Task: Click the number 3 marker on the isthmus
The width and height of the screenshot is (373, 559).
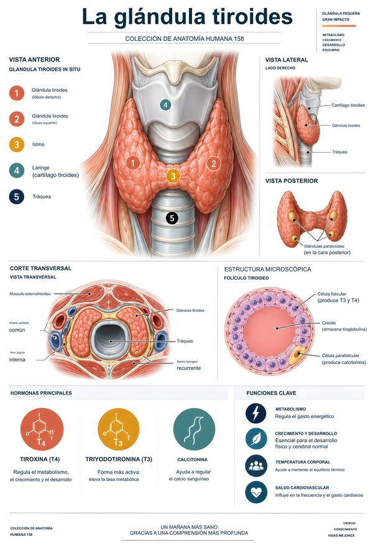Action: [173, 176]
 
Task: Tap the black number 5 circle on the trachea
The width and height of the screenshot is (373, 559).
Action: [172, 218]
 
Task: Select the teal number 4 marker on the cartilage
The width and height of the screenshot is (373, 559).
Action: [165, 105]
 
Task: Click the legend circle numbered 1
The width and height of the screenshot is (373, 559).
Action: [16, 93]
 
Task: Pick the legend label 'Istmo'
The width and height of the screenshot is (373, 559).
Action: [38, 144]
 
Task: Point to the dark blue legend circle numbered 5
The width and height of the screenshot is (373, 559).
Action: [16, 196]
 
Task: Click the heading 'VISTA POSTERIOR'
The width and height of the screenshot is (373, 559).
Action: [292, 181]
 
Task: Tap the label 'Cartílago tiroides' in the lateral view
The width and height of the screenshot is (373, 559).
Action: [348, 105]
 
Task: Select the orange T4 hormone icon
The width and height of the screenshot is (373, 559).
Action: [42, 429]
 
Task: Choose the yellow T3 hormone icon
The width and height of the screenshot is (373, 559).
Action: [118, 429]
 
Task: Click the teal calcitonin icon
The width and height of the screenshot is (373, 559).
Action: [194, 429]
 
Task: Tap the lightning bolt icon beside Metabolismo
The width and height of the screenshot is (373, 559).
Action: [256, 413]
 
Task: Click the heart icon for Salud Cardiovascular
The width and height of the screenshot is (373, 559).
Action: [256, 492]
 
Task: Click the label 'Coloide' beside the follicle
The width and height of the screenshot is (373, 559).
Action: [329, 323]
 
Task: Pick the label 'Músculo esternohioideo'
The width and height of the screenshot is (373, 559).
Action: [30, 294]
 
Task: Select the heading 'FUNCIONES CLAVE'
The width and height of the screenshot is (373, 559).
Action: [271, 393]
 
